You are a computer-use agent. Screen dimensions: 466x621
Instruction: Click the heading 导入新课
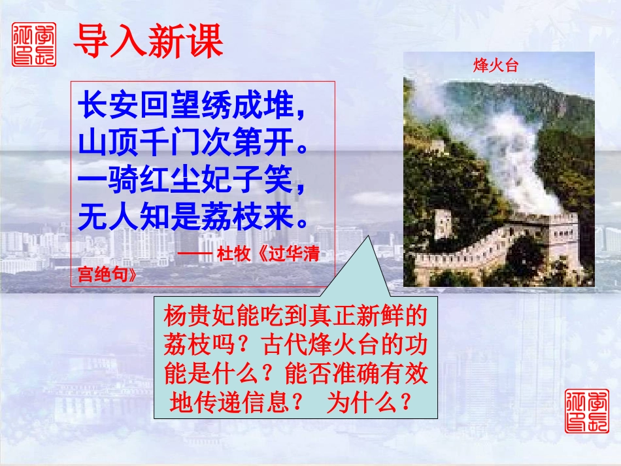click(x=148, y=42)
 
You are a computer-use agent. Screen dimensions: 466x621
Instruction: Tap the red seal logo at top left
click(x=34, y=44)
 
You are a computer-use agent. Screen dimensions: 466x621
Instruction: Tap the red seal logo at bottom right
click(x=586, y=410)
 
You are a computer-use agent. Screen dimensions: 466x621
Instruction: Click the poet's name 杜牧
click(x=233, y=254)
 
